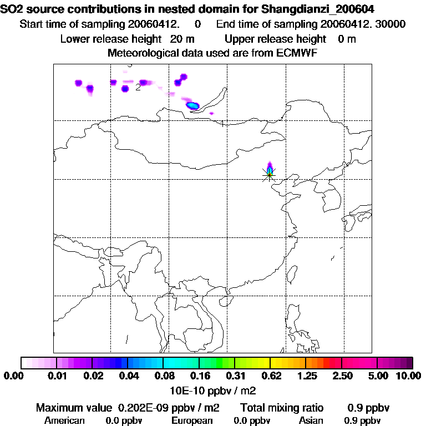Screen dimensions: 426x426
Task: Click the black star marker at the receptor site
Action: [x=269, y=174]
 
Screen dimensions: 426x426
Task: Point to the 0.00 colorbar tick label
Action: [x=12, y=376]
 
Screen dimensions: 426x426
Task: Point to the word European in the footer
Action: [x=191, y=420]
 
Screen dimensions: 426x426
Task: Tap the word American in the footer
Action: [x=64, y=420]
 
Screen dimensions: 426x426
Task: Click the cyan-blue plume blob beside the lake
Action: [x=192, y=105]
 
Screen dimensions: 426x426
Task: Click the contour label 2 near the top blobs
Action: [x=138, y=87]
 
